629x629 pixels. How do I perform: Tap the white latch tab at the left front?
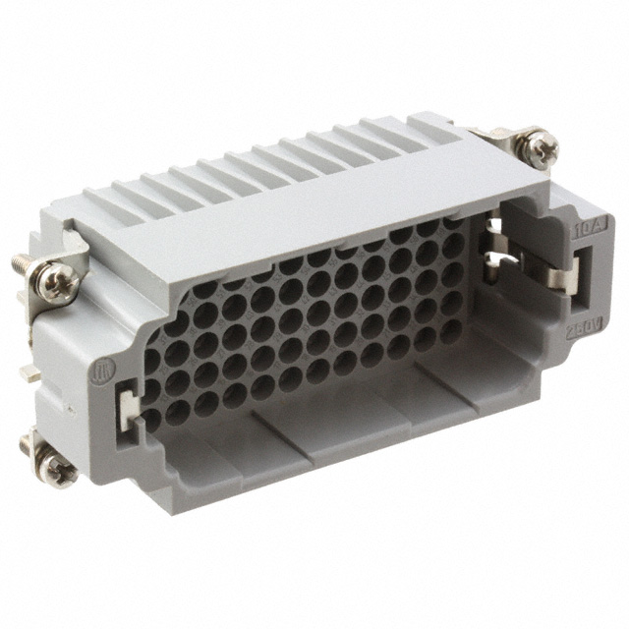point(128,404)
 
